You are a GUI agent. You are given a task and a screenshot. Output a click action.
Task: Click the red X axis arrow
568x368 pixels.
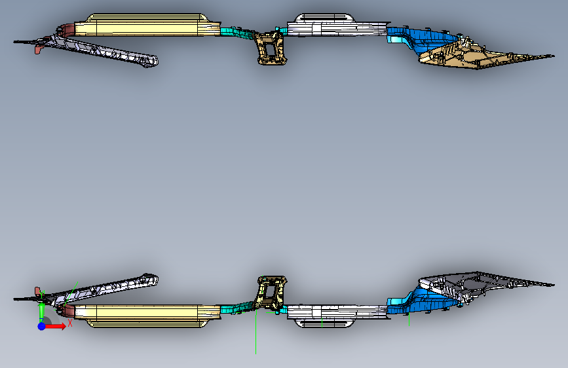click(56, 325)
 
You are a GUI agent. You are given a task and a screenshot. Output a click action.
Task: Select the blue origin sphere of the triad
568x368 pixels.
click(41, 325)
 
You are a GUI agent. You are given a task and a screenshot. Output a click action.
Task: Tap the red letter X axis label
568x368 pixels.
click(69, 323)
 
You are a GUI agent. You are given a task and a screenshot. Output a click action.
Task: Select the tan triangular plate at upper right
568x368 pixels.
click(472, 59)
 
